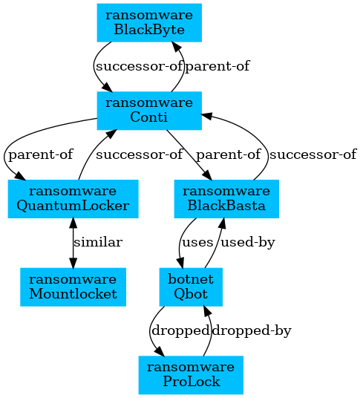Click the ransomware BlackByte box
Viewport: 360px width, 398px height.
(x=149, y=22)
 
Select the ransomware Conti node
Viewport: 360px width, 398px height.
(x=149, y=111)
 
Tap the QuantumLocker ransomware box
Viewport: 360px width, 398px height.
(x=73, y=199)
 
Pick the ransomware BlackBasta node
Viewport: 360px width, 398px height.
(x=226, y=199)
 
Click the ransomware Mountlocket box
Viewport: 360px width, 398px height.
(x=73, y=287)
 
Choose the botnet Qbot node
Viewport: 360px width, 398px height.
(x=191, y=287)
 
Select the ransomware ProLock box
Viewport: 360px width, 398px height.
(x=191, y=375)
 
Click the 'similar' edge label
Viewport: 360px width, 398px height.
(x=98, y=242)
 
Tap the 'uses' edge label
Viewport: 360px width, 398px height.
(x=197, y=242)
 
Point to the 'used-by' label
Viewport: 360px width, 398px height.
(x=248, y=242)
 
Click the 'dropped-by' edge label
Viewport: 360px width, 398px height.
(x=252, y=330)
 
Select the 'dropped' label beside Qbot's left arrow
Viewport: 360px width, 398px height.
(x=180, y=330)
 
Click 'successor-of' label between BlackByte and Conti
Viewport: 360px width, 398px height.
(x=140, y=66)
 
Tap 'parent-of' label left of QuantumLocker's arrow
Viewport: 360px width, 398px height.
(x=41, y=154)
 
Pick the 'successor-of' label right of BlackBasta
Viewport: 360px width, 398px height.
(x=313, y=154)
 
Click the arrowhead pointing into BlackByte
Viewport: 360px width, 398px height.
(x=176, y=46)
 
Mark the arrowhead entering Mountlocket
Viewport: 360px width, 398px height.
(x=73, y=263)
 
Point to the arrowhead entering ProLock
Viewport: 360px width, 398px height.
(x=160, y=351)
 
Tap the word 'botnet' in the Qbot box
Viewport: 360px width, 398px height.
(x=191, y=279)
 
